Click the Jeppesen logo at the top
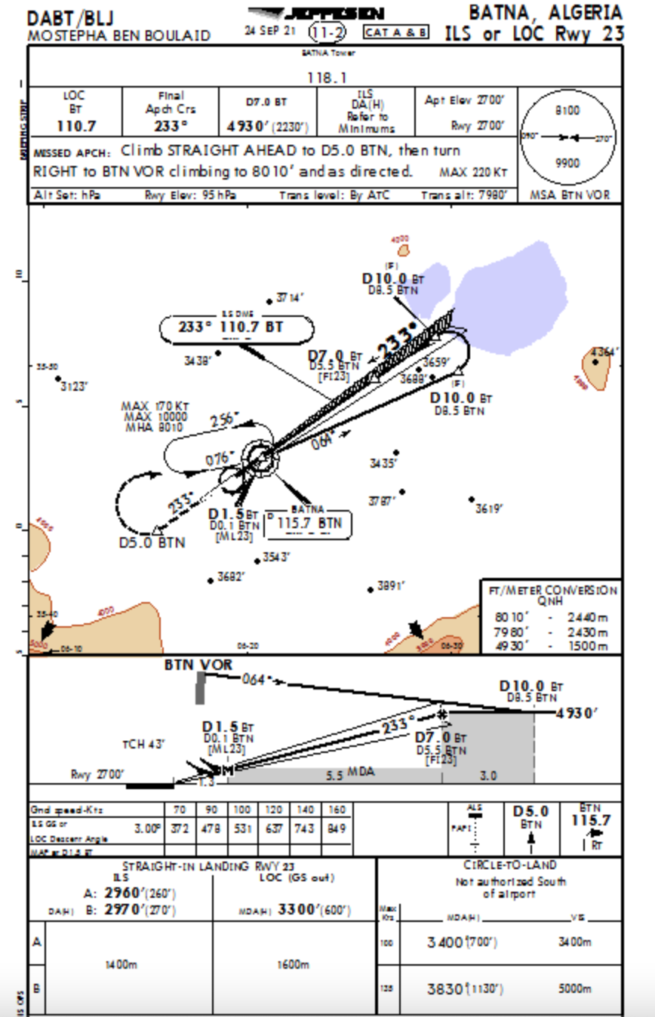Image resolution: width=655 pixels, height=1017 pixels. [316, 14]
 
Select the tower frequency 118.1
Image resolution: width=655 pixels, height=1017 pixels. [325, 76]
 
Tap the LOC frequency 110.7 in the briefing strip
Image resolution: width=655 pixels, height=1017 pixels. [75, 125]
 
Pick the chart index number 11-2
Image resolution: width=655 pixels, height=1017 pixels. [328, 32]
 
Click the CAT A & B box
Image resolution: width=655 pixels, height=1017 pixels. [395, 32]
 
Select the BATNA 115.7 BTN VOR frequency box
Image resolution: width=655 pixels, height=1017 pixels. [309, 522]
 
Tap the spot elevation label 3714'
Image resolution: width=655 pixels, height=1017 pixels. [291, 297]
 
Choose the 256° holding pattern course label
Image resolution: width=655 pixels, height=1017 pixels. [225, 419]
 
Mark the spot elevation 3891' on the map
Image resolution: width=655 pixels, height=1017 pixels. [392, 585]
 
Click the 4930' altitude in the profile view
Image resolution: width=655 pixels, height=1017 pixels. [576, 712]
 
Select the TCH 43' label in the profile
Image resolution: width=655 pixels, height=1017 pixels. [143, 744]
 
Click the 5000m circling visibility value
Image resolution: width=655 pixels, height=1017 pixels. [575, 989]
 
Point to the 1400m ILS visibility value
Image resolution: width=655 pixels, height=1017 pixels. [121, 964]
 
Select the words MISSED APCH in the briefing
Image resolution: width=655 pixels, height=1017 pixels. [74, 152]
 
